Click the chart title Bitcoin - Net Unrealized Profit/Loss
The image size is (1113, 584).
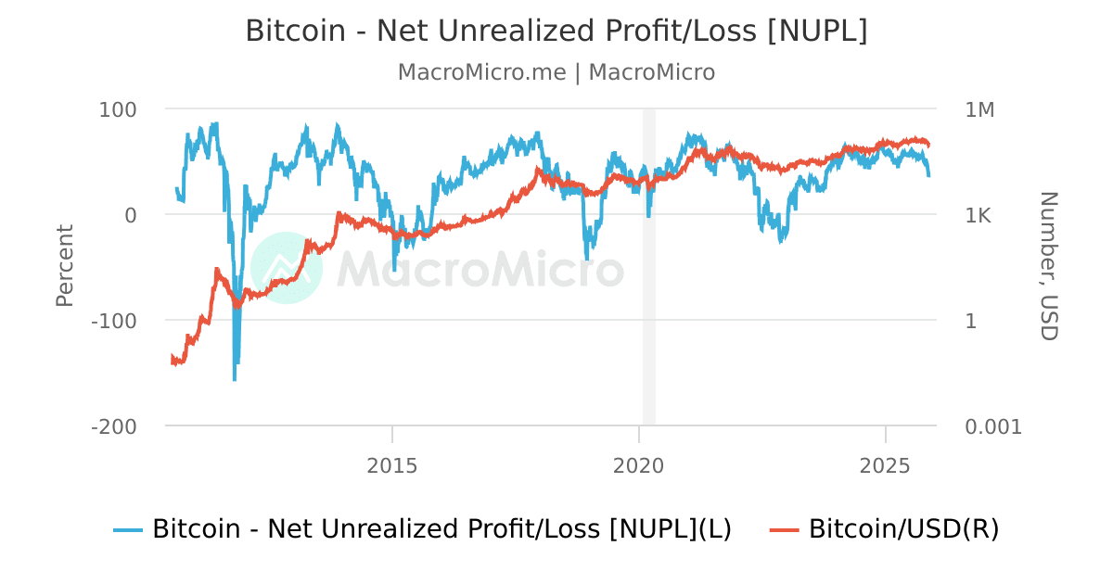(x=556, y=31)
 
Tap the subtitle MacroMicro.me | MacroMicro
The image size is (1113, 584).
(x=556, y=72)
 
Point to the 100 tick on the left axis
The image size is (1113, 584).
(x=118, y=109)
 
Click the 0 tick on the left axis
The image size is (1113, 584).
(x=131, y=215)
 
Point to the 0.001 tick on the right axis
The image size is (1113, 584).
(x=992, y=426)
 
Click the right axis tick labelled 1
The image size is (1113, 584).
(x=970, y=321)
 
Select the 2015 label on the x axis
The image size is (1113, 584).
(x=392, y=464)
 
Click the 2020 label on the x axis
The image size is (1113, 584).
(x=638, y=464)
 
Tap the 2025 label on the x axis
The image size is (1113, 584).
(x=886, y=464)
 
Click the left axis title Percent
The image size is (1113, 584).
(x=64, y=266)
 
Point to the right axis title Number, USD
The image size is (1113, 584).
(x=1047, y=266)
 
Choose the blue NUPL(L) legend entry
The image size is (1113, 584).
(x=423, y=529)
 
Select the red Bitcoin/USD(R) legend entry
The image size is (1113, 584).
(x=885, y=529)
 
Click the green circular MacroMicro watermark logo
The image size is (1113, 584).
(x=287, y=268)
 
